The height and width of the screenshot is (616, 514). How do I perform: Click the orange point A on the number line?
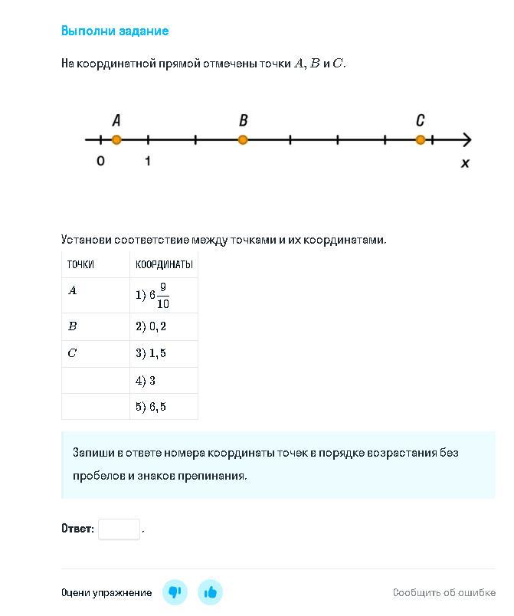[x=116, y=139]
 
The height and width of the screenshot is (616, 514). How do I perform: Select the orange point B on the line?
[x=243, y=139]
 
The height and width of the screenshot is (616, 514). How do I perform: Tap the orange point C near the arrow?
[x=420, y=139]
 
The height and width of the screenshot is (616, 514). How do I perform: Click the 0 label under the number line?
[x=100, y=161]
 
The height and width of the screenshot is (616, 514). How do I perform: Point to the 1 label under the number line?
[x=147, y=161]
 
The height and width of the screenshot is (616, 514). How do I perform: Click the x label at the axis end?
[x=464, y=162]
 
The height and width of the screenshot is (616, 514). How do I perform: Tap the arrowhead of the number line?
[x=467, y=139]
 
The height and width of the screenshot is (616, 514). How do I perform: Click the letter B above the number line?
[x=243, y=120]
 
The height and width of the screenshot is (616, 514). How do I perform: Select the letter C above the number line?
[x=420, y=120]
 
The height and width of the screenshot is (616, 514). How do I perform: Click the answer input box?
[x=119, y=529]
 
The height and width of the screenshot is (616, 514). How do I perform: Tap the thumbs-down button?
[x=175, y=592]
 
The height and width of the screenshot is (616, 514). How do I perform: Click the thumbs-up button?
[x=211, y=592]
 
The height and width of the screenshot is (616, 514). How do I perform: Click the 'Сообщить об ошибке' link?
[x=444, y=592]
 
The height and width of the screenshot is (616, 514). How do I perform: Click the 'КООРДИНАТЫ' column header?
[x=164, y=265]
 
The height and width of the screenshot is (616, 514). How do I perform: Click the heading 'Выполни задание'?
[x=115, y=31]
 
